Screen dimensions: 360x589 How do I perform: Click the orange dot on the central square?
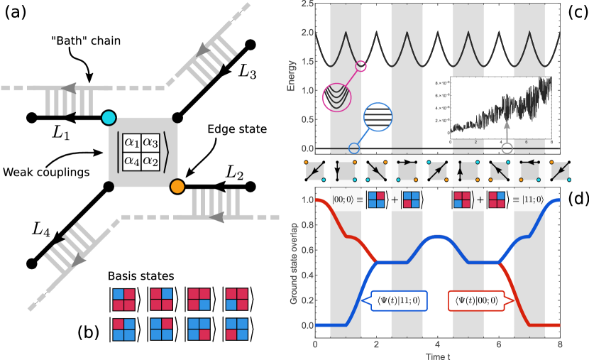[x=177, y=187]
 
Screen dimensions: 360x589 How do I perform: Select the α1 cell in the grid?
[x=132, y=142]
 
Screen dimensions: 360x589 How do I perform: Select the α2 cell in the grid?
[x=150, y=160]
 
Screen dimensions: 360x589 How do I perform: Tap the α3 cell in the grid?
[x=150, y=142]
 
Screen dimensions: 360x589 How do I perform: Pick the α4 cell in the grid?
[x=132, y=160]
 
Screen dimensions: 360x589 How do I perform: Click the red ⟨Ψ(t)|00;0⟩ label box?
[x=475, y=300]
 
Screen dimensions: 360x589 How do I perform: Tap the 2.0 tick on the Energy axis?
[x=307, y=33]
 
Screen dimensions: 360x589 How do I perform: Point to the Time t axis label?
[x=437, y=354]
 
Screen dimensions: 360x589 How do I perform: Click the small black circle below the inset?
[x=507, y=148]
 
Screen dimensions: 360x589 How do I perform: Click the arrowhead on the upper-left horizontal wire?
[x=69, y=88]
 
